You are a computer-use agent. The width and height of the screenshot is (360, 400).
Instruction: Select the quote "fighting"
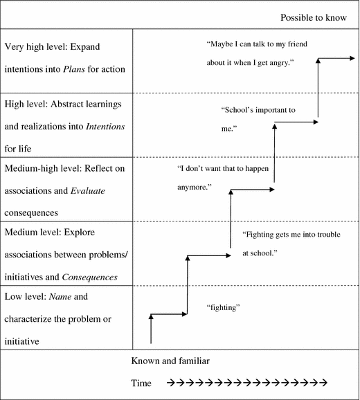pyautogui.click(x=223, y=307)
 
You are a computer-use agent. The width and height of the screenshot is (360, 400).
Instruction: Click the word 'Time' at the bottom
pyautogui.click(x=142, y=383)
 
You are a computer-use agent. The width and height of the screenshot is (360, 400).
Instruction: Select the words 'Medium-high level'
pyautogui.click(x=46, y=168)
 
